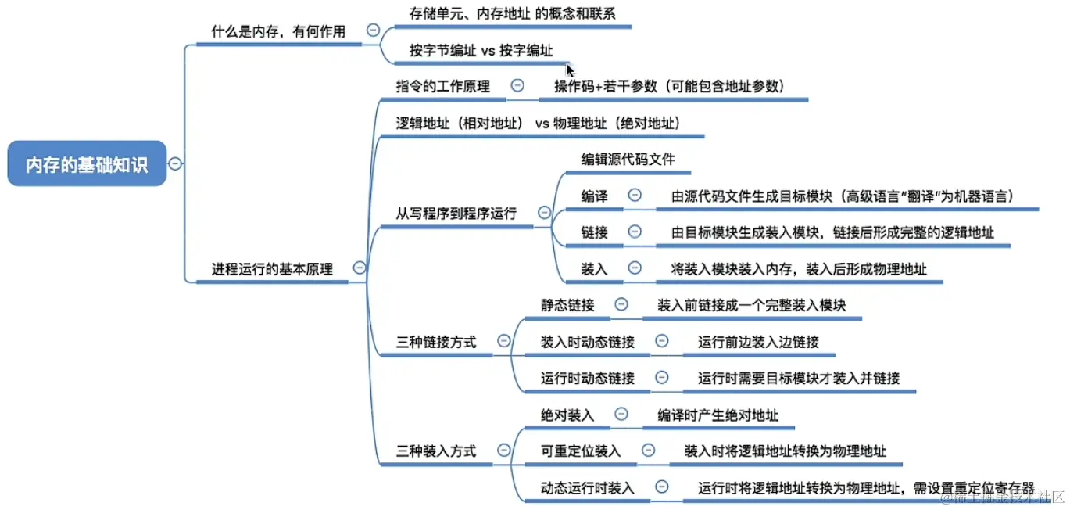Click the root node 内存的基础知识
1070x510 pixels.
[87, 163]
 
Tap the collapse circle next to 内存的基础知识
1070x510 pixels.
[176, 163]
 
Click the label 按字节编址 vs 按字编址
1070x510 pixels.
[481, 51]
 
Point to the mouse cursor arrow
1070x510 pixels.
[571, 69]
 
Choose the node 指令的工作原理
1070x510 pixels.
[442, 86]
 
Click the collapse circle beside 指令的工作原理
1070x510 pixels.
[517, 86]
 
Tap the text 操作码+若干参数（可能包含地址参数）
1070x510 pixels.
[669, 86]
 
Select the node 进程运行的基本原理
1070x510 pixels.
[272, 269]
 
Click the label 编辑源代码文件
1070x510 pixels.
[628, 160]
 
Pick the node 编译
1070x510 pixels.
[594, 196]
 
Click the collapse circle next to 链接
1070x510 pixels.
[635, 232]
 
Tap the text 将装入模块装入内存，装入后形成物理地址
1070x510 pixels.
[799, 269]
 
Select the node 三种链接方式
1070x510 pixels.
[436, 342]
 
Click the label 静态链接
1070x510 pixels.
[567, 305]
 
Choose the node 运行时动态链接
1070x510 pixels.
[588, 378]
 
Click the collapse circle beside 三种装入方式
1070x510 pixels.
[504, 451]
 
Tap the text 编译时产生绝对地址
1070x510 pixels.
[718, 415]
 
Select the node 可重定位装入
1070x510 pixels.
[581, 451]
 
